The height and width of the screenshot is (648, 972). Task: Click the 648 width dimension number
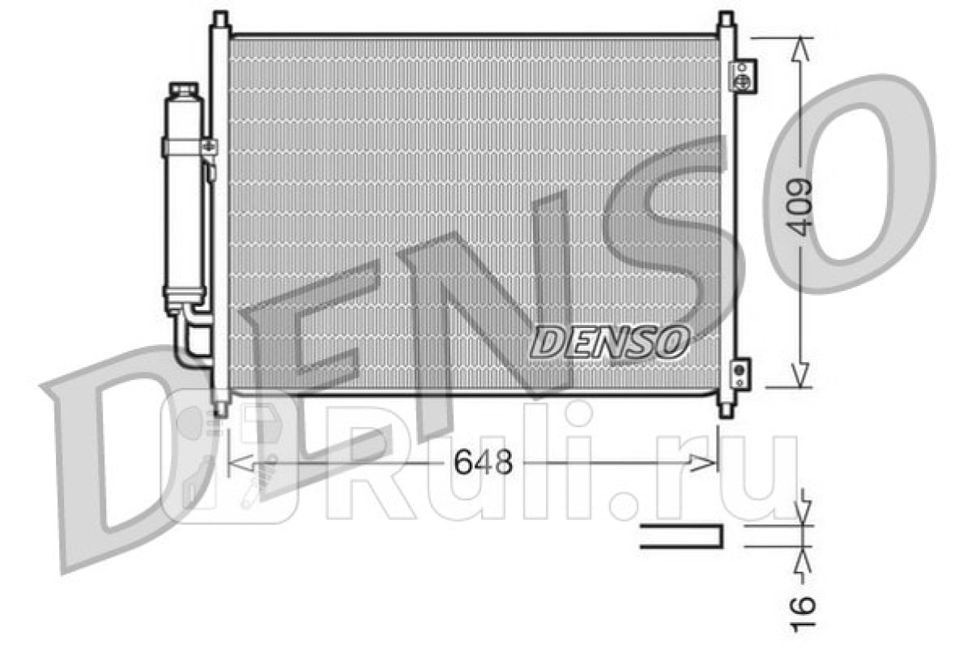[x=483, y=462]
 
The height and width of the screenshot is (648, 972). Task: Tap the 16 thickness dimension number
[x=803, y=614]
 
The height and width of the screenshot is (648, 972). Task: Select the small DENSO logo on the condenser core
[x=609, y=343]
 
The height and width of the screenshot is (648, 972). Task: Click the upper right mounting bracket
[x=743, y=77]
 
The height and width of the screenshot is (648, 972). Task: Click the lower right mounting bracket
[x=740, y=373]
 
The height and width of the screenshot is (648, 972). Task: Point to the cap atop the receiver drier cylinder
[x=184, y=89]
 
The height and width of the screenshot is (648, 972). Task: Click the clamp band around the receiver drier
[x=190, y=147]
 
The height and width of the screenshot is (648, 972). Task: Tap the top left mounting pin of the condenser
[x=220, y=19]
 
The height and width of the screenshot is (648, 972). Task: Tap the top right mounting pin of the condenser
[x=726, y=19]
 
